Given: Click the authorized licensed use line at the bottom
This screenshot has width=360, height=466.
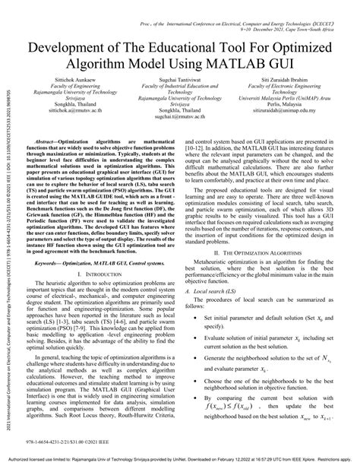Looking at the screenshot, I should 180,460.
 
